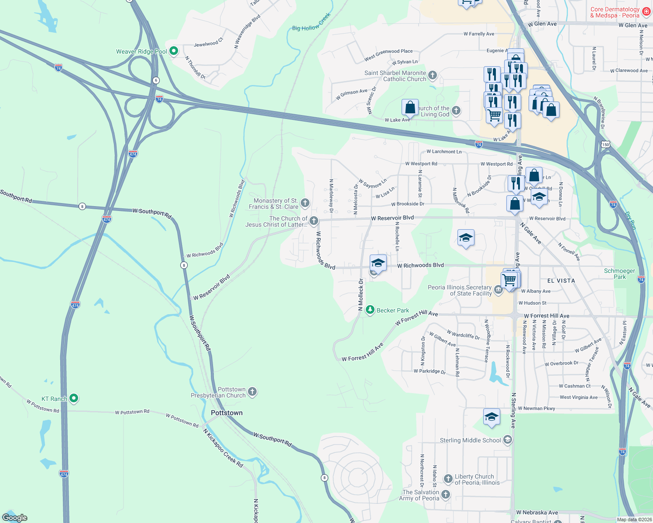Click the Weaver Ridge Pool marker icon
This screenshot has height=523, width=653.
point(173,51)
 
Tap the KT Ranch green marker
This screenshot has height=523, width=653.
point(74,398)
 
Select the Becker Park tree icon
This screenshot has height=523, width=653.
point(370,310)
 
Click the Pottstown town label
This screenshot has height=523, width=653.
point(227,413)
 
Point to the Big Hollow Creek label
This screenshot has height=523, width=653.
point(311,22)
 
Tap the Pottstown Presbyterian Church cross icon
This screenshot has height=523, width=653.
point(252,392)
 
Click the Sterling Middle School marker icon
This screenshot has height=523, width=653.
point(507,440)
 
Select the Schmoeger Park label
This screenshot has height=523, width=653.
point(619,274)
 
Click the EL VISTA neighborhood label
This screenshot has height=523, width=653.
point(561,281)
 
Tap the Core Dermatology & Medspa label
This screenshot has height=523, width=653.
point(615,12)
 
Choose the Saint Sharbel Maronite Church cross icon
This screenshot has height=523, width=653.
point(432,75)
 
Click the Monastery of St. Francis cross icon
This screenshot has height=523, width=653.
point(305,203)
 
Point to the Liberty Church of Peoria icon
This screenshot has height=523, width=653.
point(448,479)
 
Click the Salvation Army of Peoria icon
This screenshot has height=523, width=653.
point(446,495)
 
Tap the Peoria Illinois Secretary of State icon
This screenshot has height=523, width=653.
point(498,290)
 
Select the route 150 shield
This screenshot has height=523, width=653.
point(605,144)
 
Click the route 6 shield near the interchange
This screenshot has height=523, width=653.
point(156,80)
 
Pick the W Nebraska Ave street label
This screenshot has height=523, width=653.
point(537,513)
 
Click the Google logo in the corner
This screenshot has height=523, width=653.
point(14,518)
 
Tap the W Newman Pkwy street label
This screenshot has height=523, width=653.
point(539,408)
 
